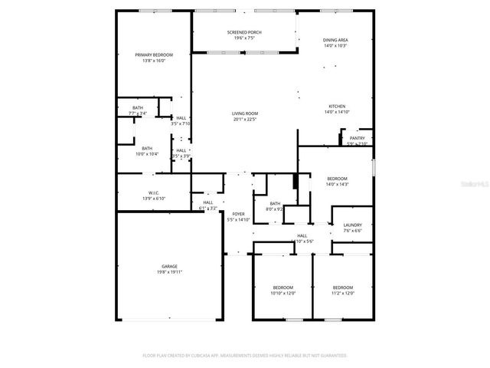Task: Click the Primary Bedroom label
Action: tap(154, 55)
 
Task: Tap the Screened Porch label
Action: tap(244, 32)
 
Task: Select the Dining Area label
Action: tap(335, 40)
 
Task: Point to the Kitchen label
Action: tap(337, 107)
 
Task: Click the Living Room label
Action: tap(244, 113)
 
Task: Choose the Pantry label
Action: tap(357, 138)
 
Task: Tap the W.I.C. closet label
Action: tap(152, 193)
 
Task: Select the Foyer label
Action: tap(238, 214)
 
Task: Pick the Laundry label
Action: tap(352, 225)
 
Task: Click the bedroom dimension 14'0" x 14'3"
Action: tap(337, 184)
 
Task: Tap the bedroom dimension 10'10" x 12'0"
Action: tap(283, 293)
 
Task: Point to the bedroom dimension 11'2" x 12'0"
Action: tap(342, 293)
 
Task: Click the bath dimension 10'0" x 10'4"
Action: tap(146, 154)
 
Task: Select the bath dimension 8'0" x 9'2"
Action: tap(275, 209)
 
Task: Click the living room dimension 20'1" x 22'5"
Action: tap(244, 119)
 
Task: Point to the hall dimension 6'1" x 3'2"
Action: tap(208, 208)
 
